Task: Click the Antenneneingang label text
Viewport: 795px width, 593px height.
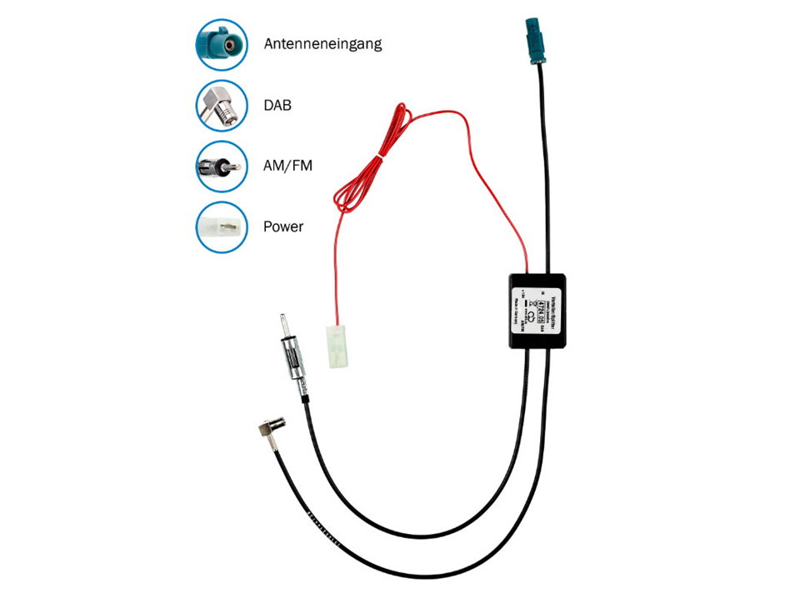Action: pos(322,42)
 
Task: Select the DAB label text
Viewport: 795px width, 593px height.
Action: pos(277,106)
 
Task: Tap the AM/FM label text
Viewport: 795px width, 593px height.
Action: pos(287,166)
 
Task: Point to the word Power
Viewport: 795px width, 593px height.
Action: pos(283,226)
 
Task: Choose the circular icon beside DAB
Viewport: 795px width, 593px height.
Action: pos(222,105)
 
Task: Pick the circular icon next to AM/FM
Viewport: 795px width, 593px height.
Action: pos(222,166)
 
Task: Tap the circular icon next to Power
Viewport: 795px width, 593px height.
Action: pos(222,226)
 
